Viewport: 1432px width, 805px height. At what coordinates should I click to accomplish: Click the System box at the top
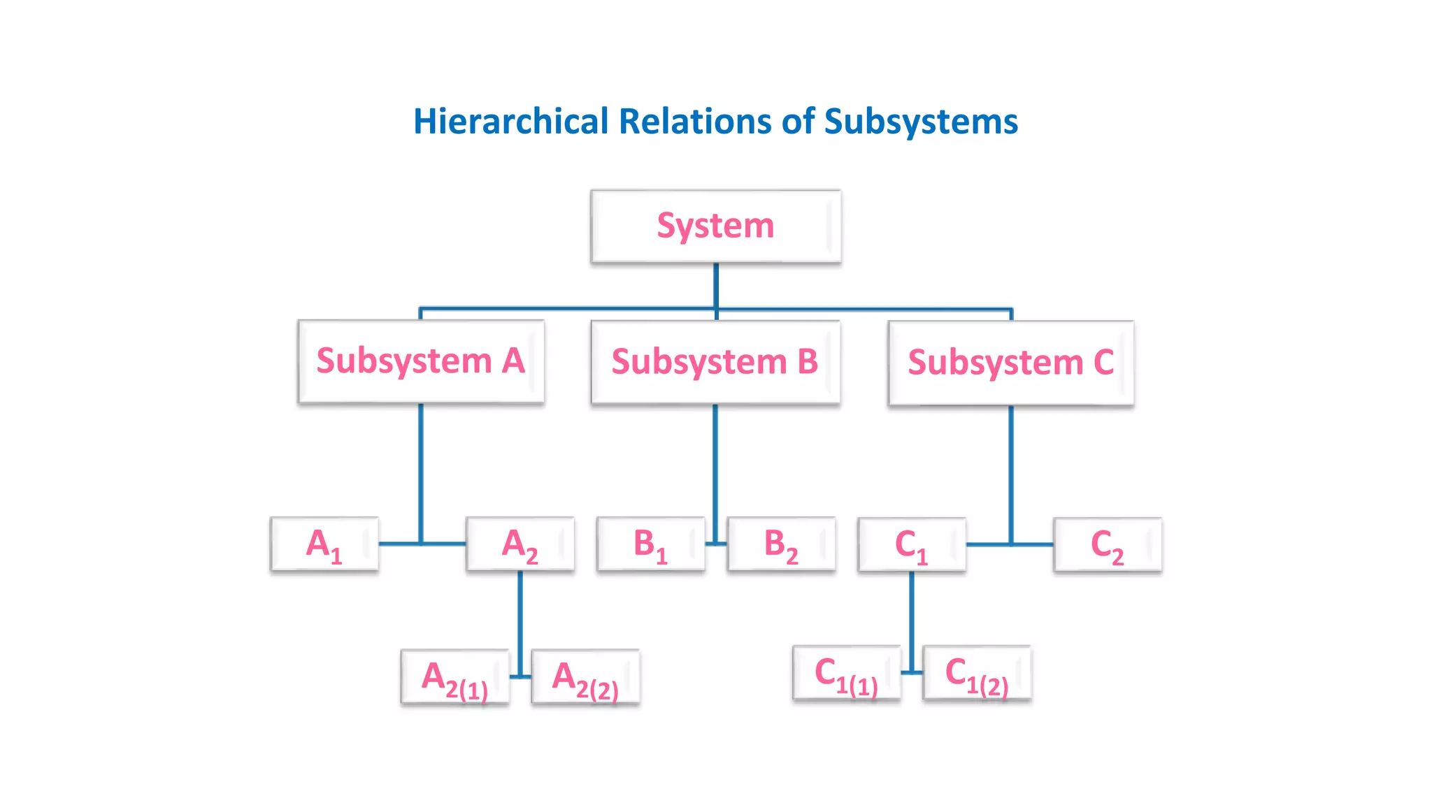715,226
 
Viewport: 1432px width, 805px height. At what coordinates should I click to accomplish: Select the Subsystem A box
421,361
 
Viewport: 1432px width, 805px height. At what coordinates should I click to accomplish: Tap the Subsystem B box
715,362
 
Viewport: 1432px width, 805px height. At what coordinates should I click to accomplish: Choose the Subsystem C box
1010,363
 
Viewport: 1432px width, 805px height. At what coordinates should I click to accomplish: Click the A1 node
324,544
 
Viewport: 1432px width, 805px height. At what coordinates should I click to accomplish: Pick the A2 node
520,544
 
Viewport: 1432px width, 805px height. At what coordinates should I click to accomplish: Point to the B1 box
650,544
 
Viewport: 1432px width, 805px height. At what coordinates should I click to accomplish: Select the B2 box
781,544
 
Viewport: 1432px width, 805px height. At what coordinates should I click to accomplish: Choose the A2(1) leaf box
454,677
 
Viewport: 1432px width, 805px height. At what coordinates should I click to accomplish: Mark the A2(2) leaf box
585,677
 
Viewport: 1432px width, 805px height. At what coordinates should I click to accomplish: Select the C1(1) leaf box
846,673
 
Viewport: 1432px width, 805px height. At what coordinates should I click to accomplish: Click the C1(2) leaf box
977,673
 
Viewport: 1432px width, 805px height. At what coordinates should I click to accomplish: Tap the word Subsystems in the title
921,122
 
